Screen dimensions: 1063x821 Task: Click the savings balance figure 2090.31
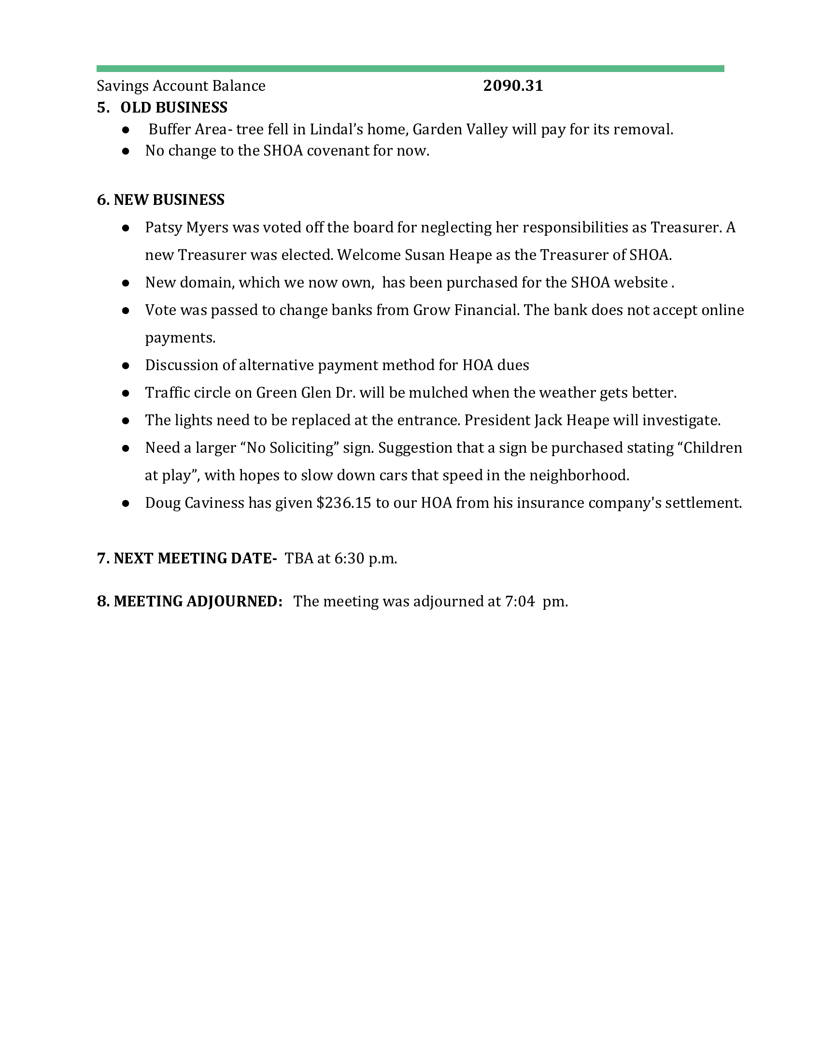coord(512,86)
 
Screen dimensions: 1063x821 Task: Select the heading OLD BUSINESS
coord(174,107)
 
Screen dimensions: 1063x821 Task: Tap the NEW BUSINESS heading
coord(169,200)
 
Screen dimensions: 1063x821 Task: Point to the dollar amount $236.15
coord(343,503)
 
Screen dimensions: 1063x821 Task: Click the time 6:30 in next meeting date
coord(349,558)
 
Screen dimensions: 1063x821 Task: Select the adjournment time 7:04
coord(520,602)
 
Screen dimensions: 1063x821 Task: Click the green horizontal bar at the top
coord(410,69)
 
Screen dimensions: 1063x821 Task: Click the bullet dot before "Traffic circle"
coord(126,393)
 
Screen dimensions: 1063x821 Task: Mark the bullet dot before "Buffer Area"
coord(126,130)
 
